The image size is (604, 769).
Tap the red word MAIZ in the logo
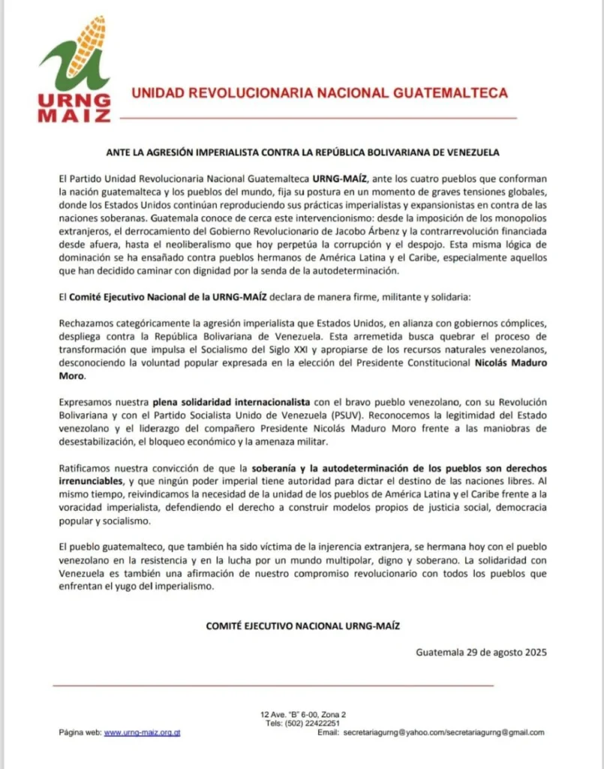[x=74, y=115]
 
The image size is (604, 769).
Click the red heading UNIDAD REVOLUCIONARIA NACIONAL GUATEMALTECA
[x=320, y=93]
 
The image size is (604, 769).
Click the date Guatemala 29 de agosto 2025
[x=481, y=652]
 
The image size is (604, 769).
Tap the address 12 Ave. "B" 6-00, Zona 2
[x=303, y=713]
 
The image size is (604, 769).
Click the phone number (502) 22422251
[x=313, y=722]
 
